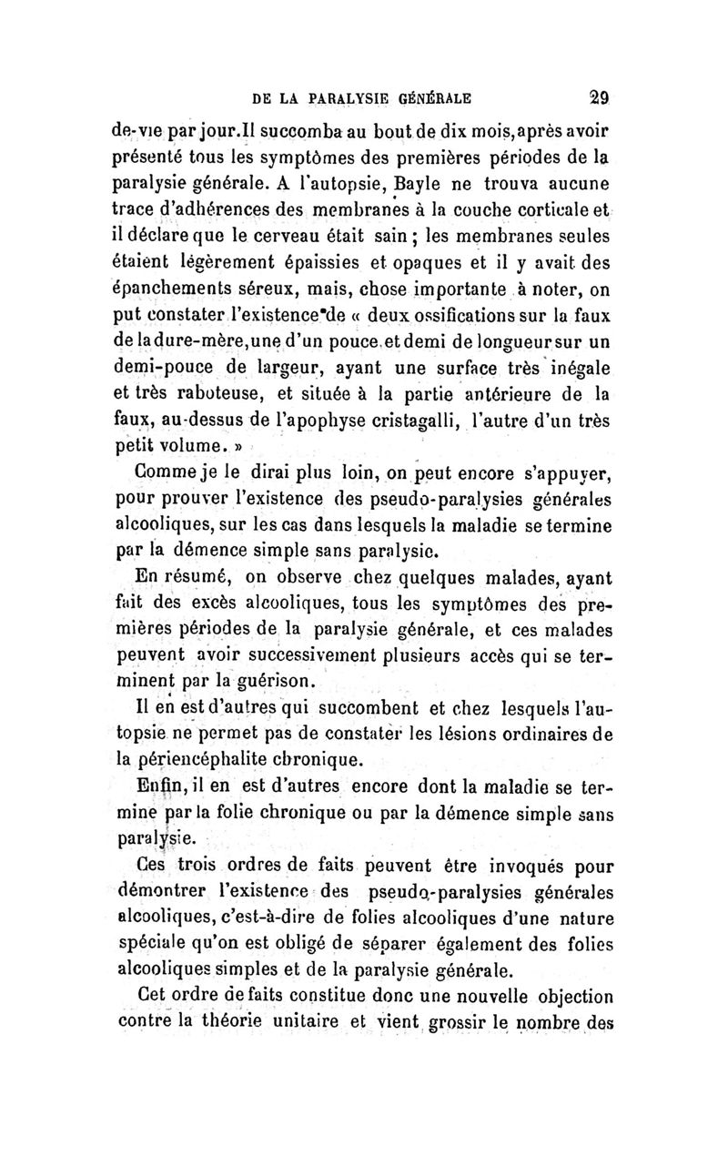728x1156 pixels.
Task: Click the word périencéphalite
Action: [207, 758]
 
